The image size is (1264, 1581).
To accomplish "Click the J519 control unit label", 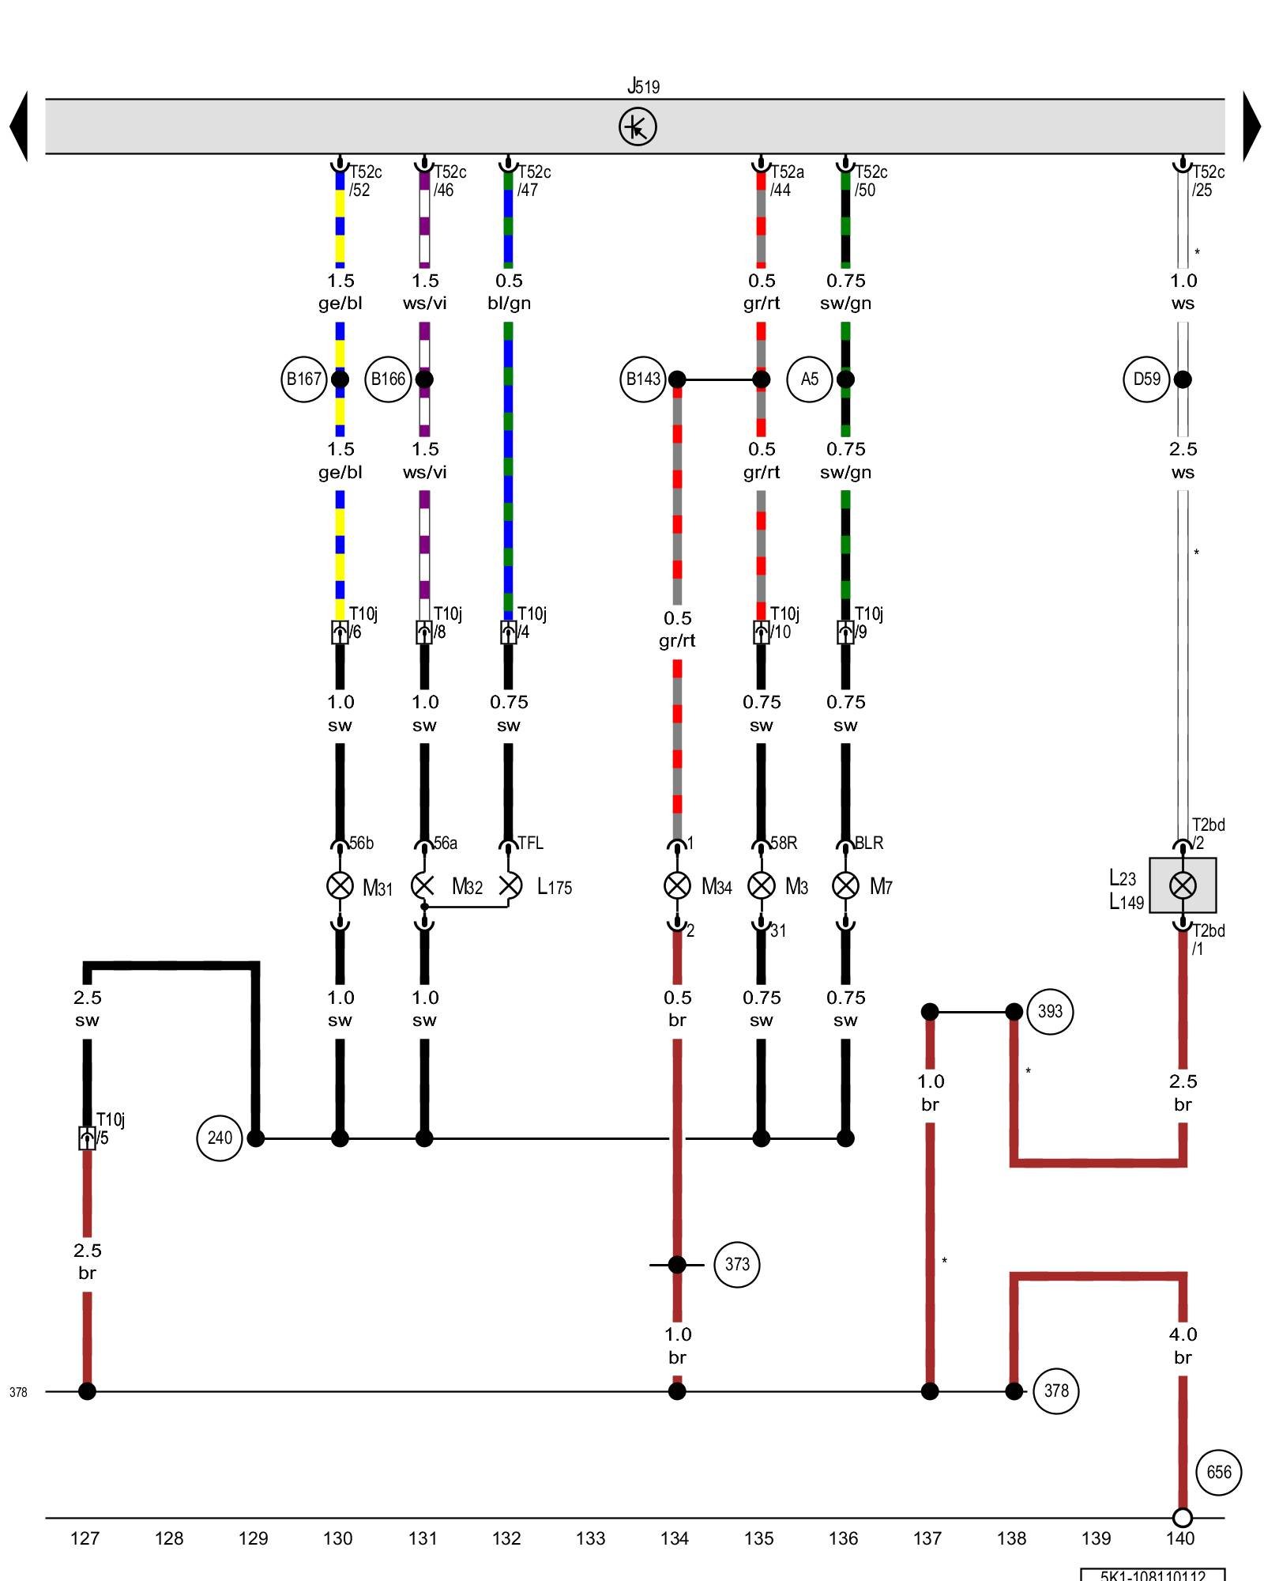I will (x=643, y=86).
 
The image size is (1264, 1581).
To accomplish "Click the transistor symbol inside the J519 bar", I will (x=637, y=127).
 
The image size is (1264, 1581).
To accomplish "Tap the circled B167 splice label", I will (x=303, y=379).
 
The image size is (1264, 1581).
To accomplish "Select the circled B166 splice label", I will (x=388, y=379).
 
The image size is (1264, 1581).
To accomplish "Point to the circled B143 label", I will (x=643, y=379).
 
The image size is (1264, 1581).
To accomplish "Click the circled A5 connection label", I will (x=809, y=379).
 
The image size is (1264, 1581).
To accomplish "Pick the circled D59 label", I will (x=1146, y=379).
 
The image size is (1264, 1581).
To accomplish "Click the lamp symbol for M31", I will (x=340, y=885).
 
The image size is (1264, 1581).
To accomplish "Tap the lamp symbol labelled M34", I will (x=677, y=885).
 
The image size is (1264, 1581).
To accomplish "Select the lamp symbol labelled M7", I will (x=845, y=885).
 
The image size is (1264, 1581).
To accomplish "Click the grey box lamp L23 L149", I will (x=1182, y=885).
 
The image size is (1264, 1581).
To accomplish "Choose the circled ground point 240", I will (x=219, y=1138).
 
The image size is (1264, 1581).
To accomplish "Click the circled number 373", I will (x=736, y=1265).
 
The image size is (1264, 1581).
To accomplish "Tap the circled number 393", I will (x=1050, y=1012).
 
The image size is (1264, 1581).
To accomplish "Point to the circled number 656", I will (x=1218, y=1472).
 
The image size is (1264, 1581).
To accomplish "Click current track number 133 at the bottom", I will (x=590, y=1538).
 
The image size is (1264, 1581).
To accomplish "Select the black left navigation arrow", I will (x=19, y=126).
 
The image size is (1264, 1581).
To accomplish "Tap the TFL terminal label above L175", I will (x=530, y=843).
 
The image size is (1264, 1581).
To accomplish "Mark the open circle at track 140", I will (x=1182, y=1518).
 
